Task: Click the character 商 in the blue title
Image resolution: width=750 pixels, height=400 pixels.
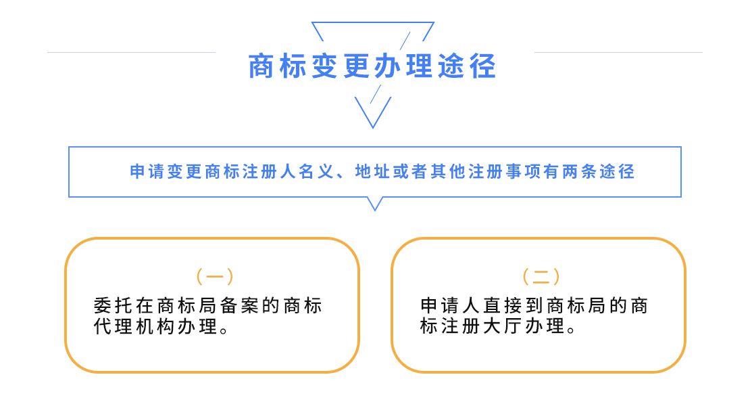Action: point(261,66)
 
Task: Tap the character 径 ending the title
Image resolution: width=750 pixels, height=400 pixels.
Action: point(482,66)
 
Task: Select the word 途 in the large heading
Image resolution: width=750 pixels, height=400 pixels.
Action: point(451,66)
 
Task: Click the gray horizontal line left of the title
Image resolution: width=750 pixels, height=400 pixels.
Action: point(132,52)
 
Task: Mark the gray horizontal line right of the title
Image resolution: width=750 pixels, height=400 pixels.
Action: point(618,52)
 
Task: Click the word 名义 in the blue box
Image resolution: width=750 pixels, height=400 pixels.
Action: point(317,171)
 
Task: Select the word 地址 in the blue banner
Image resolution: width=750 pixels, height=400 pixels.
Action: point(372,171)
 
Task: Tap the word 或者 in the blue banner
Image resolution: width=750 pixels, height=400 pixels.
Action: point(410,171)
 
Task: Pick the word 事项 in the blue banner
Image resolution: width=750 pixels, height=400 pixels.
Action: point(523,171)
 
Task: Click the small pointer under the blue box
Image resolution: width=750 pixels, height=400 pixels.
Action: point(375,203)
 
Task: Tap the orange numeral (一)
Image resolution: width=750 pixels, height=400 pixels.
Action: point(215,276)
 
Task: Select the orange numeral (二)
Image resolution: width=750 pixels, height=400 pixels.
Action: point(541,276)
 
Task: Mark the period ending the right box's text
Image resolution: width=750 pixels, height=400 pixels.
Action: point(571,330)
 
